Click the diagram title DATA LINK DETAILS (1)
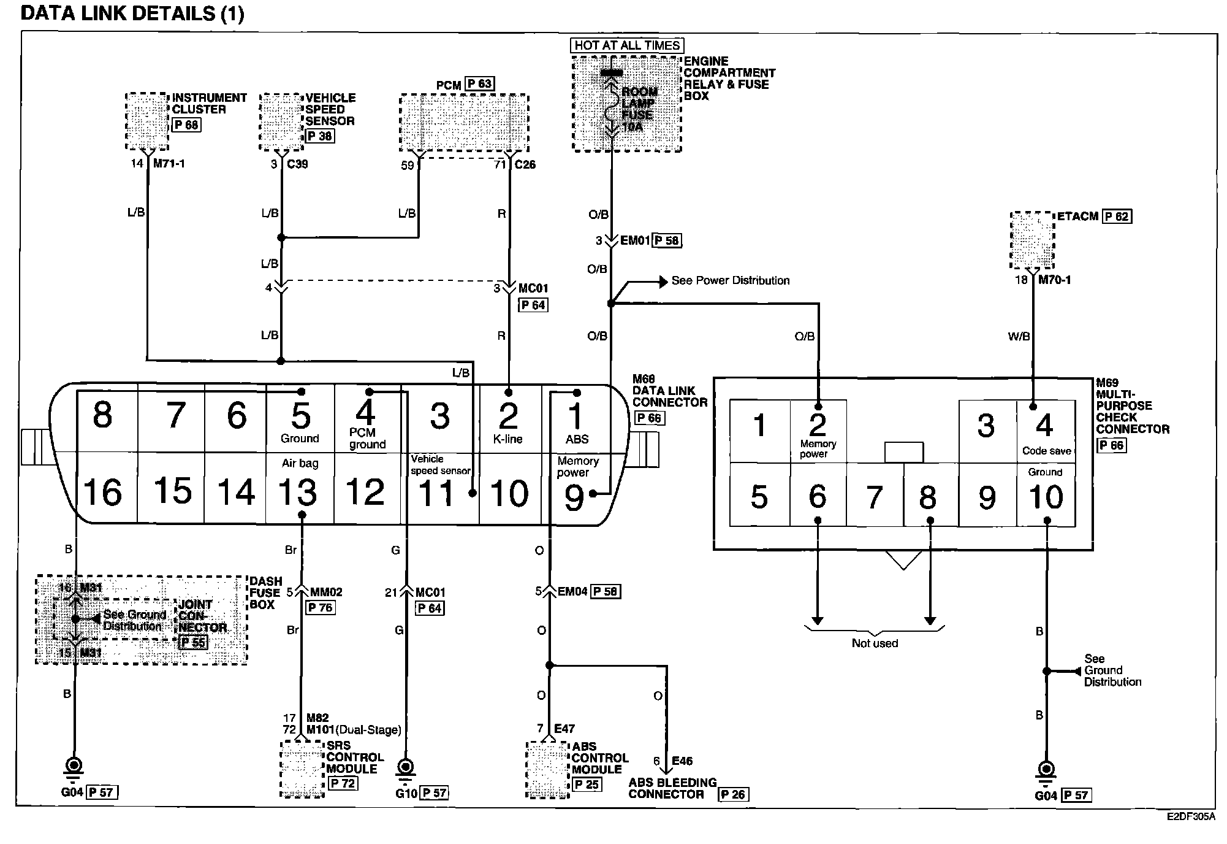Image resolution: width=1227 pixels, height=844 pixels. [132, 13]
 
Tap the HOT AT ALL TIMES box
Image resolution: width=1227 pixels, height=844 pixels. [627, 45]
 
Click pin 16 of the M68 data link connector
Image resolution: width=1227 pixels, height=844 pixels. [103, 492]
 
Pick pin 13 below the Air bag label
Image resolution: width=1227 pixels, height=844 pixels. [298, 492]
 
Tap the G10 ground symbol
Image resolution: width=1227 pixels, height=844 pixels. [405, 767]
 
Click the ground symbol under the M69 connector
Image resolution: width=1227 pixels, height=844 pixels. [1046, 770]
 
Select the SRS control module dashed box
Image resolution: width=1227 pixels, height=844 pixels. [302, 769]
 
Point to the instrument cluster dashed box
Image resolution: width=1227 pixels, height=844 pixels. [147, 121]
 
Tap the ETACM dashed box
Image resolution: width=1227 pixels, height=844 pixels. [1032, 240]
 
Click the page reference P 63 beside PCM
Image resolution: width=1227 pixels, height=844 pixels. [479, 84]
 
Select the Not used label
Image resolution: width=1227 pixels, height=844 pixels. [875, 643]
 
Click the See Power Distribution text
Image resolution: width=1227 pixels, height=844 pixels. [730, 280]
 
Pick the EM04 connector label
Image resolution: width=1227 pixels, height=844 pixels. [572, 592]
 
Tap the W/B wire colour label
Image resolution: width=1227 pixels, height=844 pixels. [1019, 336]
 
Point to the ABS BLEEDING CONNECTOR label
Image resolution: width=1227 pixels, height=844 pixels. [672, 788]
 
